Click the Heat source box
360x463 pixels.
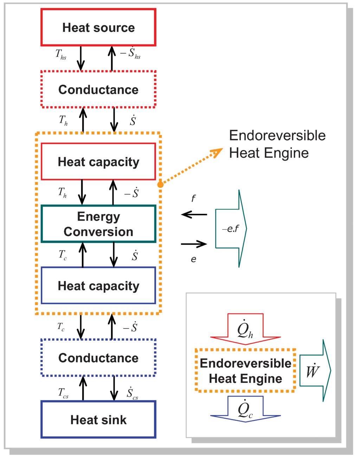coord(98,27)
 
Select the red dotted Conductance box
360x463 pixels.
coord(98,90)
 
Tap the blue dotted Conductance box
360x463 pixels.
coord(98,358)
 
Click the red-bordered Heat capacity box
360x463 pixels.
coord(98,162)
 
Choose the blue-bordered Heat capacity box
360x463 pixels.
coord(98,286)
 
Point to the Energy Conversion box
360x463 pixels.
coord(98,224)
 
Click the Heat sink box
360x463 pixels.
coord(98,419)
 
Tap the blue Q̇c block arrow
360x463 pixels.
coord(245,409)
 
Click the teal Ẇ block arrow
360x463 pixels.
coord(315,371)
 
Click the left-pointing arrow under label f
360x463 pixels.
coord(194,214)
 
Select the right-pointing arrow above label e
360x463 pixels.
coord(194,244)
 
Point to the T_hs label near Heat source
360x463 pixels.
coord(61,54)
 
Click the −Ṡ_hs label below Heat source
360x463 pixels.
coord(130,53)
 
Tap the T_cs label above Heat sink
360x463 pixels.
coord(63,393)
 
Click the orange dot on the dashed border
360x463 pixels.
coord(160,184)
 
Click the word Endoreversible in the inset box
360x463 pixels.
coord(245,363)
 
